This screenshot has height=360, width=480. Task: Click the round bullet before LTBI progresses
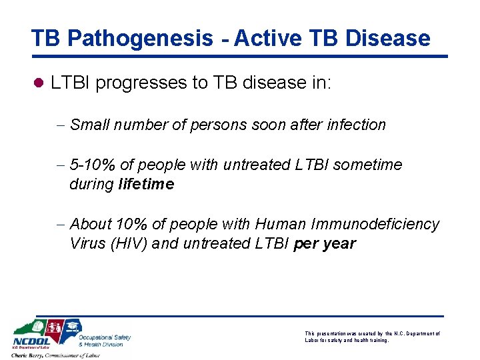click(x=38, y=84)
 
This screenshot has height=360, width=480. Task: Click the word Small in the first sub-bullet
click(x=89, y=125)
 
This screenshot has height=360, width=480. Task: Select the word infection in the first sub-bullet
click(x=356, y=125)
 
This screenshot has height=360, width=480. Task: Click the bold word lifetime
click(x=146, y=184)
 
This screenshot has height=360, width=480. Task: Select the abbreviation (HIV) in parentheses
click(x=129, y=243)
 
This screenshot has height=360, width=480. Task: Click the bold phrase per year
click(x=324, y=243)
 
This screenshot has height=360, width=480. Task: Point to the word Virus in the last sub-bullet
click(x=86, y=243)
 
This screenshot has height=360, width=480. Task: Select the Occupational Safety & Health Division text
click(x=104, y=341)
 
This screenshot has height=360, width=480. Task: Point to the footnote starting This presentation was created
click(x=371, y=337)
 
